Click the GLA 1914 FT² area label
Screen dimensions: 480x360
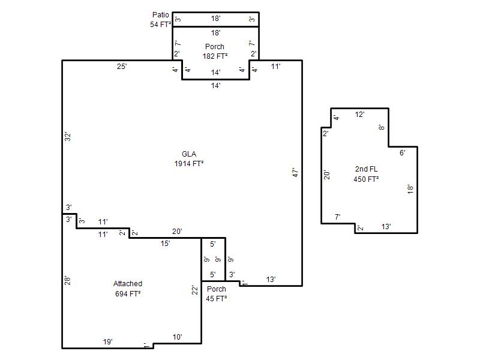189,159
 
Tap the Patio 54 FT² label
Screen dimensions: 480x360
160,20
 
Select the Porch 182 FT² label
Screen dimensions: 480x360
215,52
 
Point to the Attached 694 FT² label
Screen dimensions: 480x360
128,289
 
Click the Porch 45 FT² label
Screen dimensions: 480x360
217,294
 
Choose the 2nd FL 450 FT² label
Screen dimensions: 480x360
366,174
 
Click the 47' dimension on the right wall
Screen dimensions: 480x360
295,172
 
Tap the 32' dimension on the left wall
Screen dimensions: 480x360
68,137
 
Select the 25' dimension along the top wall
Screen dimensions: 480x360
122,67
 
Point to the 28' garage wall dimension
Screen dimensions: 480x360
67,281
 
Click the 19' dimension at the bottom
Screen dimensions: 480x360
108,341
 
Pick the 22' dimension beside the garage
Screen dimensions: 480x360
195,290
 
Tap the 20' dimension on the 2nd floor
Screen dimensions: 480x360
327,175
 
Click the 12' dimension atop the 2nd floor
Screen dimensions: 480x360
359,115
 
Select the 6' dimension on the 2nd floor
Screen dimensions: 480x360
403,153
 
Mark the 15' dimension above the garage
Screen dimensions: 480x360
166,244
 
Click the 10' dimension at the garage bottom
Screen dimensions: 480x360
177,337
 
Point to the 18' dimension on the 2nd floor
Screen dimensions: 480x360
410,189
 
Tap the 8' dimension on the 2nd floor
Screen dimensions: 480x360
382,127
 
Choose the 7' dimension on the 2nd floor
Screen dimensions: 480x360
338,217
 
